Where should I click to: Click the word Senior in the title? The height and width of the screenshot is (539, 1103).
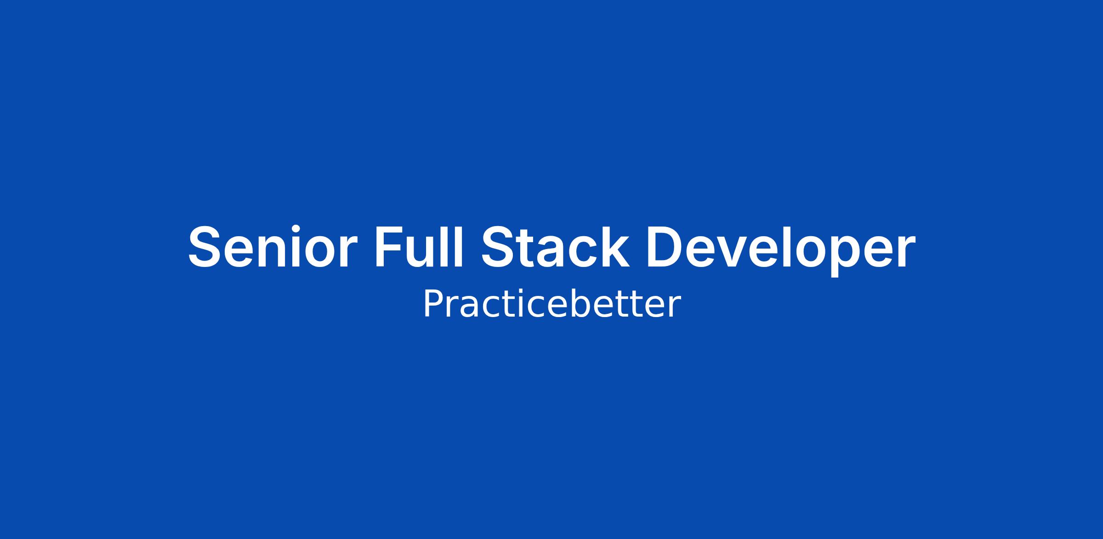click(273, 246)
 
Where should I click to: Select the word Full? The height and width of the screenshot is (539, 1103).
click(419, 246)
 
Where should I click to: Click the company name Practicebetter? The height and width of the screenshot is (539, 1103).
click(551, 304)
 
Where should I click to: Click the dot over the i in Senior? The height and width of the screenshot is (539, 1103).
click(296, 229)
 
